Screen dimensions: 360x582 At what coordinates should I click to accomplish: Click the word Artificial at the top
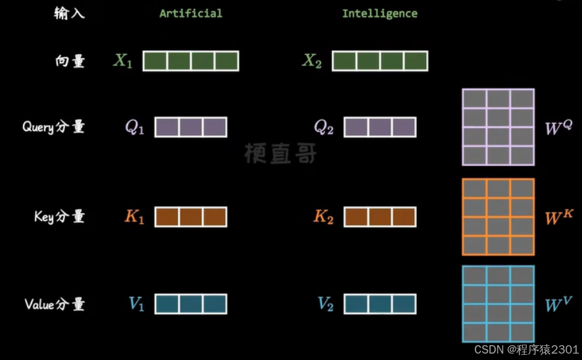pyautogui.click(x=191, y=13)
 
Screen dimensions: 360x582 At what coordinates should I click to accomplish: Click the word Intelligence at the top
pyautogui.click(x=380, y=13)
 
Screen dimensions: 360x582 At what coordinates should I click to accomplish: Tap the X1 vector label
pyautogui.click(x=122, y=62)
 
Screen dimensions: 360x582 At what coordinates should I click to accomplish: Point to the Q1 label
pyautogui.click(x=135, y=128)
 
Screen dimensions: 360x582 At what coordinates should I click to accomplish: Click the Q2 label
pyautogui.click(x=324, y=128)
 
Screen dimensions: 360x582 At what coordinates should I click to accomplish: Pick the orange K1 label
pyautogui.click(x=134, y=217)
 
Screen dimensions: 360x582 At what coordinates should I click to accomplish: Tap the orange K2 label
pyautogui.click(x=324, y=217)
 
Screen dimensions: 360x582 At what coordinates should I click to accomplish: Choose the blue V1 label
pyautogui.click(x=135, y=304)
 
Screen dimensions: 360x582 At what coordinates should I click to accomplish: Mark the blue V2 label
pyautogui.click(x=325, y=304)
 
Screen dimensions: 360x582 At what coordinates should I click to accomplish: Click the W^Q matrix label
pyautogui.click(x=558, y=128)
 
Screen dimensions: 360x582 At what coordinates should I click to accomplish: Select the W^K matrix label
pyautogui.click(x=558, y=217)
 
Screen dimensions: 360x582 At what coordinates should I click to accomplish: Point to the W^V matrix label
pyautogui.click(x=558, y=304)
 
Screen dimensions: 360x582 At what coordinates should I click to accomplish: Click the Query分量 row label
pyautogui.click(x=53, y=127)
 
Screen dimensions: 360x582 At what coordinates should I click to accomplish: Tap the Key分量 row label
pyautogui.click(x=59, y=216)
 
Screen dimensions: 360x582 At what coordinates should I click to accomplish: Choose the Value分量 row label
pyautogui.click(x=54, y=304)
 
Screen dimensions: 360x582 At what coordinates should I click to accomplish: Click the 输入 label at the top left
pyautogui.click(x=69, y=14)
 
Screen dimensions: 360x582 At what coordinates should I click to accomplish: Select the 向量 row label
pyautogui.click(x=70, y=62)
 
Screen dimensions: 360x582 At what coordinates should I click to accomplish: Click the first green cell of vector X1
pyautogui.click(x=155, y=61)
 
